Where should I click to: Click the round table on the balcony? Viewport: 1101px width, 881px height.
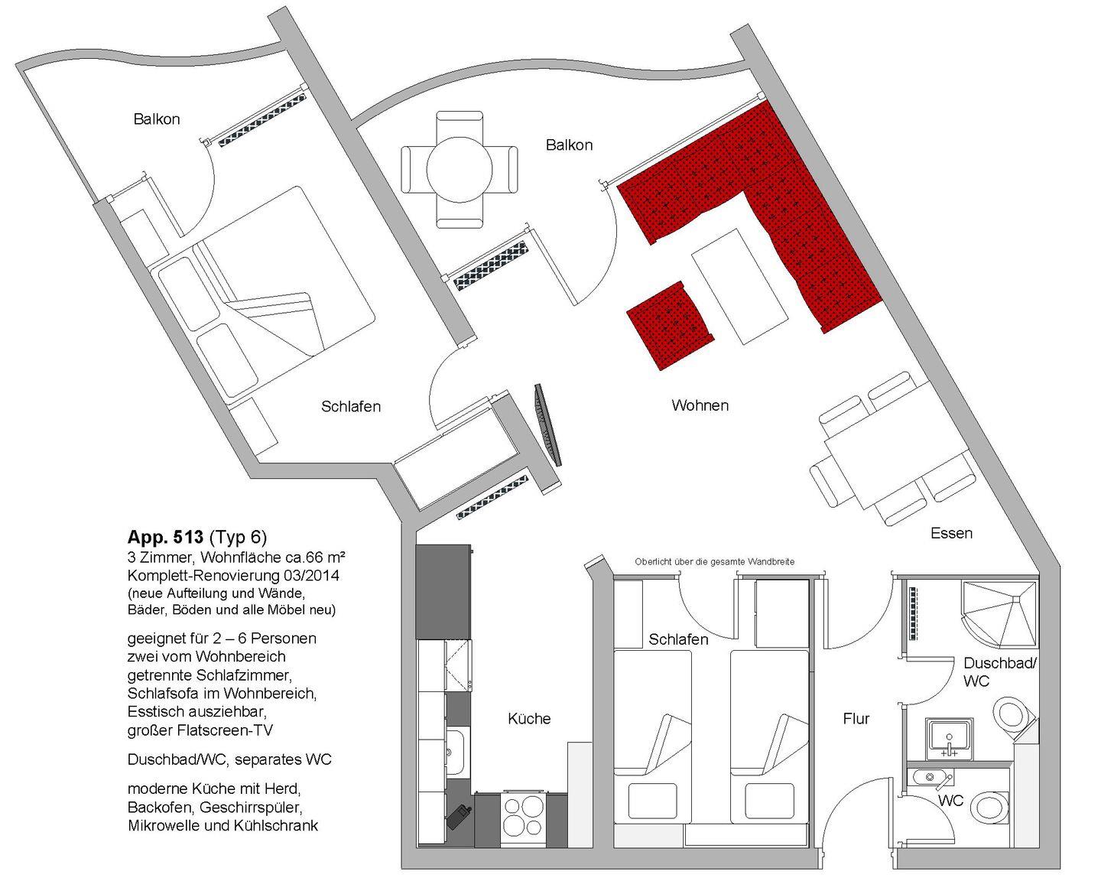(460, 170)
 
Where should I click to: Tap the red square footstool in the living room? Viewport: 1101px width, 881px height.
(671, 326)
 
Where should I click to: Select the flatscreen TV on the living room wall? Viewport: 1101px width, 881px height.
(548, 424)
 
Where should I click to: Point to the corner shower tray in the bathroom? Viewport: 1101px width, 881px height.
(1000, 613)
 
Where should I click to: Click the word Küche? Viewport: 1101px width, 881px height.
(529, 719)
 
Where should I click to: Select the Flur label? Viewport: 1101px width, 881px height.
(856, 719)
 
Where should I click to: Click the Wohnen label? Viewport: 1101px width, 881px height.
(700, 405)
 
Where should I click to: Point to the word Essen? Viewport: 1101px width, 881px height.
(951, 533)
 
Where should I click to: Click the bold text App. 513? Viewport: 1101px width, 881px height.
(165, 537)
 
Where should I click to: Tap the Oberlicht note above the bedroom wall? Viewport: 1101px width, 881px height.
(715, 561)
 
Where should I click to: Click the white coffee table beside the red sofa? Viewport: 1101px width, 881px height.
(739, 286)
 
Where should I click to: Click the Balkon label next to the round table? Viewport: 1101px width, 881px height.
(569, 145)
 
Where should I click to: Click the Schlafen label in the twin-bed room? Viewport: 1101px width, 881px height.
(678, 639)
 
